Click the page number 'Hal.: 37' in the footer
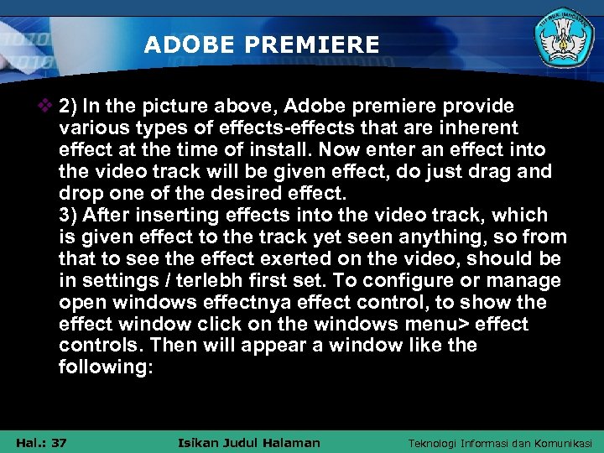(41, 443)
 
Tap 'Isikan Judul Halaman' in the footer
(250, 443)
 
